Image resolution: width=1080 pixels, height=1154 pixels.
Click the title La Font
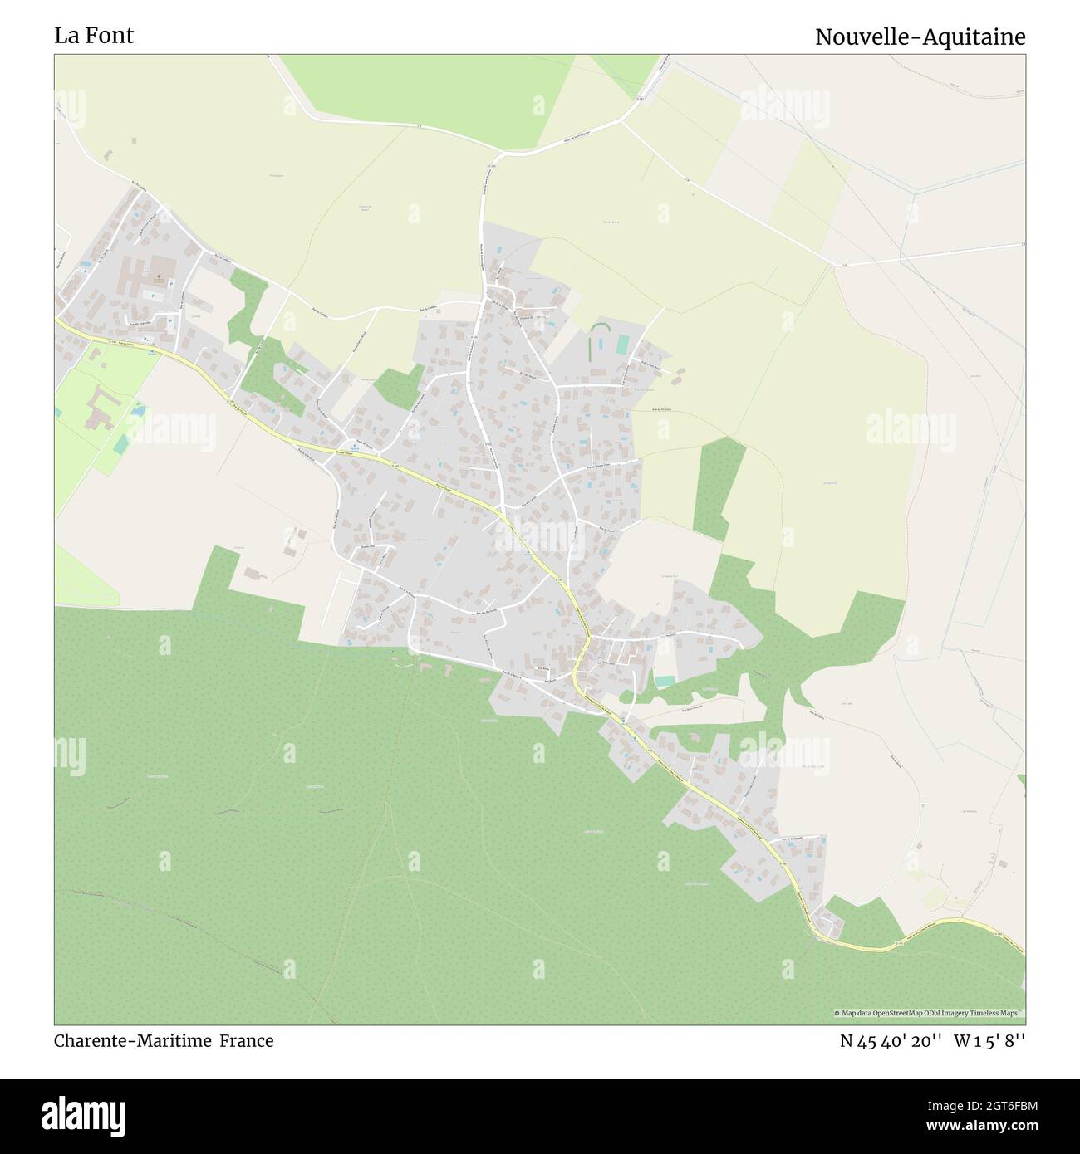[94, 36]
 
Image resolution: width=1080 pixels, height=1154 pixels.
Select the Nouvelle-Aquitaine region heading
[920, 37]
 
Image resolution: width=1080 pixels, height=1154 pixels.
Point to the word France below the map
[247, 1040]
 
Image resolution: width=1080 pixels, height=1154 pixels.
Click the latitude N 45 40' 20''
[891, 1040]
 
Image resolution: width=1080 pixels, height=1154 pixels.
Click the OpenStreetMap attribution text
[930, 1013]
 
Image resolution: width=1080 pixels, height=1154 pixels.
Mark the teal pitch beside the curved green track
[622, 344]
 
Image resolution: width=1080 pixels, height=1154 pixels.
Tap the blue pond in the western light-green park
[138, 410]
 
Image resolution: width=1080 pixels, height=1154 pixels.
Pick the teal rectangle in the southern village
[665, 680]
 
